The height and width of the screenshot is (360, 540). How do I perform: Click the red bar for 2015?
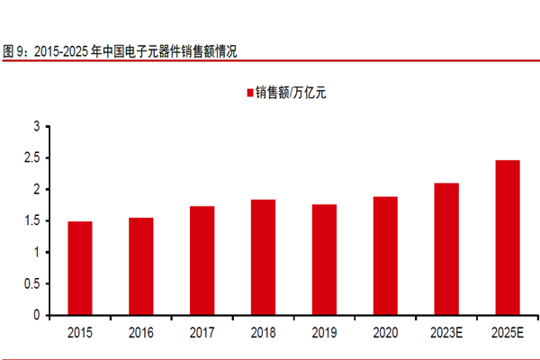[79, 268]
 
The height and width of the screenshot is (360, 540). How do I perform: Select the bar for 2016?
[140, 266]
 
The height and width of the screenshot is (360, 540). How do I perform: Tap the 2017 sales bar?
[202, 261]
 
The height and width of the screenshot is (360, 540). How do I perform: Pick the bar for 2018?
[263, 257]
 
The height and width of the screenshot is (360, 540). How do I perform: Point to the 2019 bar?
[324, 260]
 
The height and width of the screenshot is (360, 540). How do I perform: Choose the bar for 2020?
[385, 256]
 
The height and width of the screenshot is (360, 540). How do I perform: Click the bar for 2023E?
[446, 249]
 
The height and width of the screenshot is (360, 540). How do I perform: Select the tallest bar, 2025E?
[508, 238]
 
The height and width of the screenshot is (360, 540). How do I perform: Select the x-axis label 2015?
[79, 333]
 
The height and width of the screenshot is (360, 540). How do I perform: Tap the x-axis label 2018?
[263, 333]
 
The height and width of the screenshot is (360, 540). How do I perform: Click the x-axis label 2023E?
[446, 333]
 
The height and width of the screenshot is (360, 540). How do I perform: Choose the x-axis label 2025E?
[508, 333]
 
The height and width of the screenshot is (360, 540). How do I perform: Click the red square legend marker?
[248, 93]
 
